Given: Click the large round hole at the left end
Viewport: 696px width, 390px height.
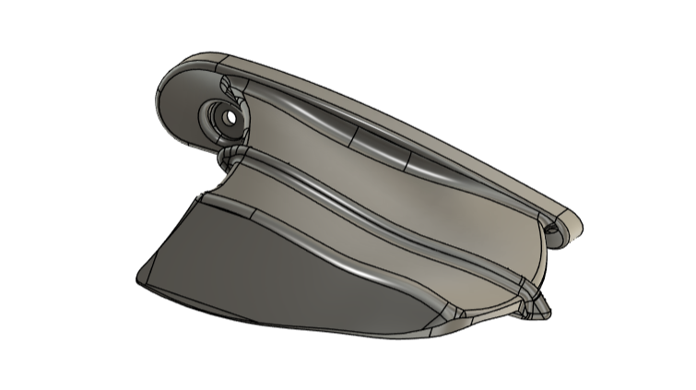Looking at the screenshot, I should tap(224, 117).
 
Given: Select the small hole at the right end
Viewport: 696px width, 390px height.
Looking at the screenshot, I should tap(553, 229).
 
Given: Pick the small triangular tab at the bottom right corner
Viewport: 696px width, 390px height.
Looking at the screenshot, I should tap(540, 307).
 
